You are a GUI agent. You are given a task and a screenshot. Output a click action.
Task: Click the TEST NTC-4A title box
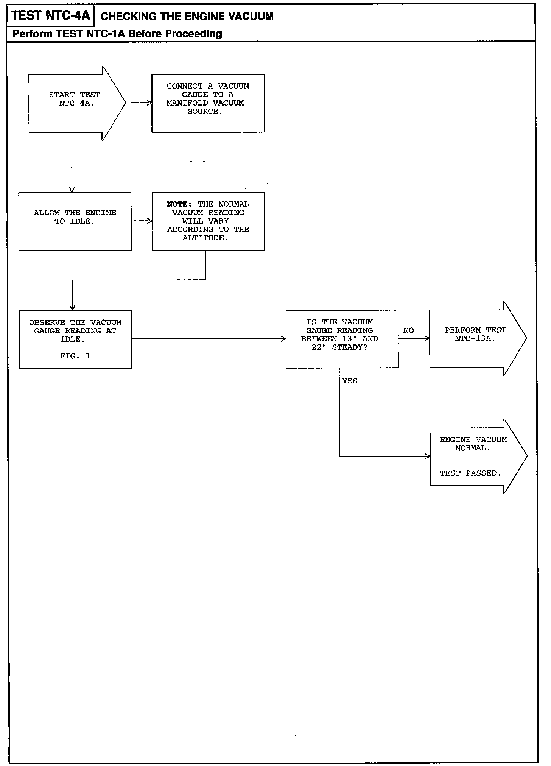[x=50, y=16]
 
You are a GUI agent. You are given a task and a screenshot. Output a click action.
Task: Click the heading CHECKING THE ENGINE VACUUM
[x=187, y=16]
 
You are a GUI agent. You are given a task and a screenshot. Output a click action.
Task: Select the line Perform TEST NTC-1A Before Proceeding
[x=117, y=34]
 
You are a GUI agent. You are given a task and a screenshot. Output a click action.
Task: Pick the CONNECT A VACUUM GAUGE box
[x=208, y=103]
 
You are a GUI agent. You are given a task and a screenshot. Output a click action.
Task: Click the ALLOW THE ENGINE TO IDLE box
[x=75, y=221]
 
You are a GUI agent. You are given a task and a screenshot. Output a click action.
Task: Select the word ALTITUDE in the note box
[x=205, y=238]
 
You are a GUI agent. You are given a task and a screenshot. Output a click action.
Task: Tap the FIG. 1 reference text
[x=75, y=356]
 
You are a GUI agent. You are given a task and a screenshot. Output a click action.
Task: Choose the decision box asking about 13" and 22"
[x=342, y=339]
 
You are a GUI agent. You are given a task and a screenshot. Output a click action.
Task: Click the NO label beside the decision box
[x=408, y=330]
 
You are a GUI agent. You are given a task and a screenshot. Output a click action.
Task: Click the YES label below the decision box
[x=350, y=381]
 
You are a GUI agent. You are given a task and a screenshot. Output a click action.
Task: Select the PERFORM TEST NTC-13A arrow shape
[x=475, y=338]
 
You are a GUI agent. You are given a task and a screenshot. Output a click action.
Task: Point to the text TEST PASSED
[x=470, y=473]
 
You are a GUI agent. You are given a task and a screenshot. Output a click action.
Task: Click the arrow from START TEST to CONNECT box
[x=139, y=103]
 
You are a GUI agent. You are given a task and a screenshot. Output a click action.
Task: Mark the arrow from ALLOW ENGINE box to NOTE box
[x=142, y=221]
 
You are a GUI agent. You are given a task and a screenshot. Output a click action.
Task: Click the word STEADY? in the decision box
[x=350, y=347]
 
